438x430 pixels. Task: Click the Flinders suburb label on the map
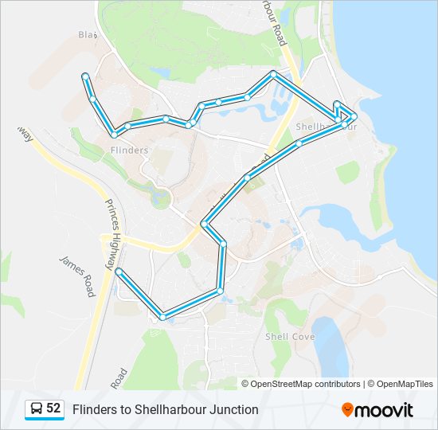click(130, 150)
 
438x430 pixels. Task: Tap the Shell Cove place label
click(290, 337)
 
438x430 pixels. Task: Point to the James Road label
click(76, 275)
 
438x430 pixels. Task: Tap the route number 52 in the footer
click(53, 408)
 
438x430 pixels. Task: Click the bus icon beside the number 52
click(37, 408)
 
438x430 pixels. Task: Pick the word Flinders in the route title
click(93, 409)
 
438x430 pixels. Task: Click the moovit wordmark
click(385, 410)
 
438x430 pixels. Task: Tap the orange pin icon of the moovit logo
click(347, 409)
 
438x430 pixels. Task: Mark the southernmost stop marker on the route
click(162, 317)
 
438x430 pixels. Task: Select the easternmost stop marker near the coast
click(354, 116)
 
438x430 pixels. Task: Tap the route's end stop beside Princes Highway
click(118, 272)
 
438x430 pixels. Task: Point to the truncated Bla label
click(86, 34)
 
